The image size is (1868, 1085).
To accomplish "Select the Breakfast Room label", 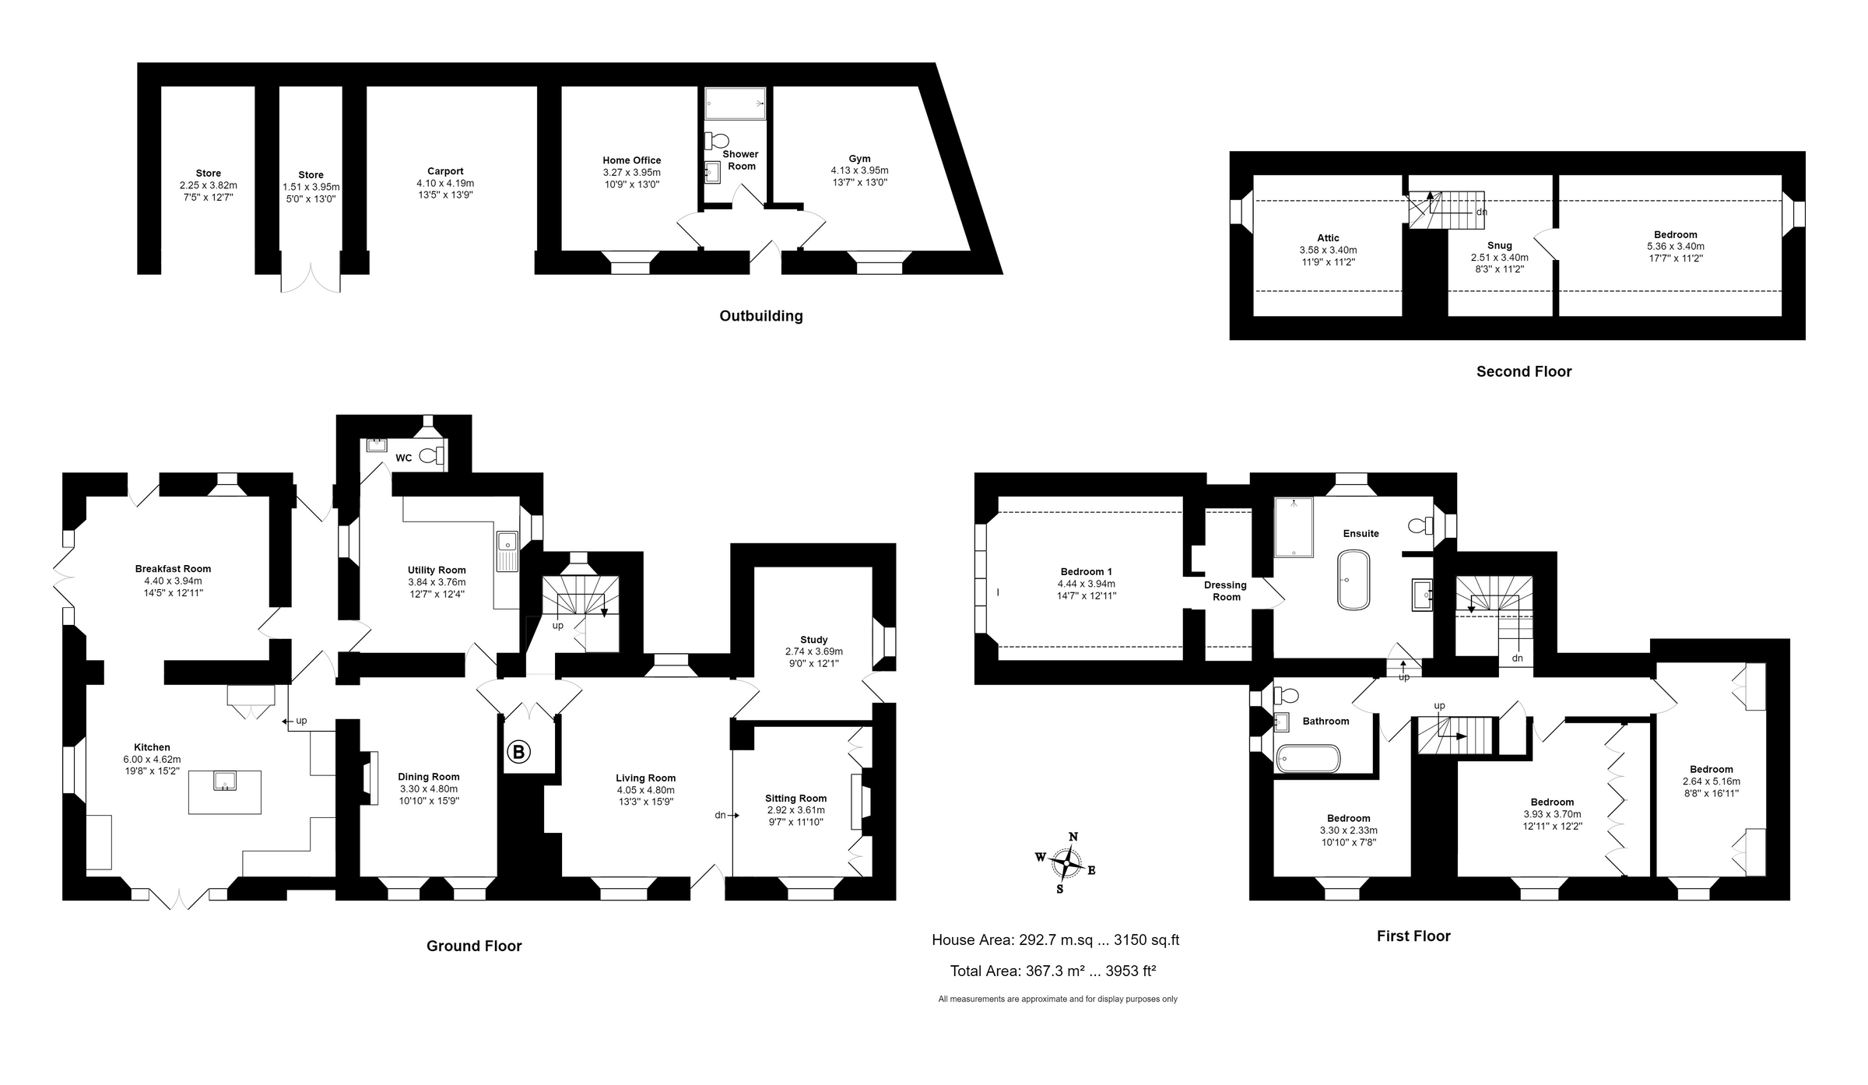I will pos(173,569).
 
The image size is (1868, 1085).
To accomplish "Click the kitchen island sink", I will pos(225,780).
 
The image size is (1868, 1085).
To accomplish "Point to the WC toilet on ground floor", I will pos(429,456).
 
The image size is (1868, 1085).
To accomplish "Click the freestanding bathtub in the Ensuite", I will pos(1354,580).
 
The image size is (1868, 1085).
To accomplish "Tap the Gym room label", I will pos(859,159).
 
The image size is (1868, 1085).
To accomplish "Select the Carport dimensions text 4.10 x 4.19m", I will pos(445,184).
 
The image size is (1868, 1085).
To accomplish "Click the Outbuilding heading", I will pos(760,316).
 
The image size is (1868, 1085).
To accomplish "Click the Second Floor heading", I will pos(1523,372).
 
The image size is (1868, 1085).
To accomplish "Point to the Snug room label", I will pos(1499,245).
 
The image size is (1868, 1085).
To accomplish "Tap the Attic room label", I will pos(1328,238).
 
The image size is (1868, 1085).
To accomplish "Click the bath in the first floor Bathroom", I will pos(1308,758).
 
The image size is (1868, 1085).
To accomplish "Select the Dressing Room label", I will pos(1225,591).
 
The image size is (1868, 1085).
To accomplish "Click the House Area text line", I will pos(1055,940).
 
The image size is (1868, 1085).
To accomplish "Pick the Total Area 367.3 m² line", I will pos(1052,971).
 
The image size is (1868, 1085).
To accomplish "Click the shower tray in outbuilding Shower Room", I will pos(735,104).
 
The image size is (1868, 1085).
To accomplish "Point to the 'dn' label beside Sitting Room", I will pos(720,815).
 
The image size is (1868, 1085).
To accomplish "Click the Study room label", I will pos(813,640).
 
